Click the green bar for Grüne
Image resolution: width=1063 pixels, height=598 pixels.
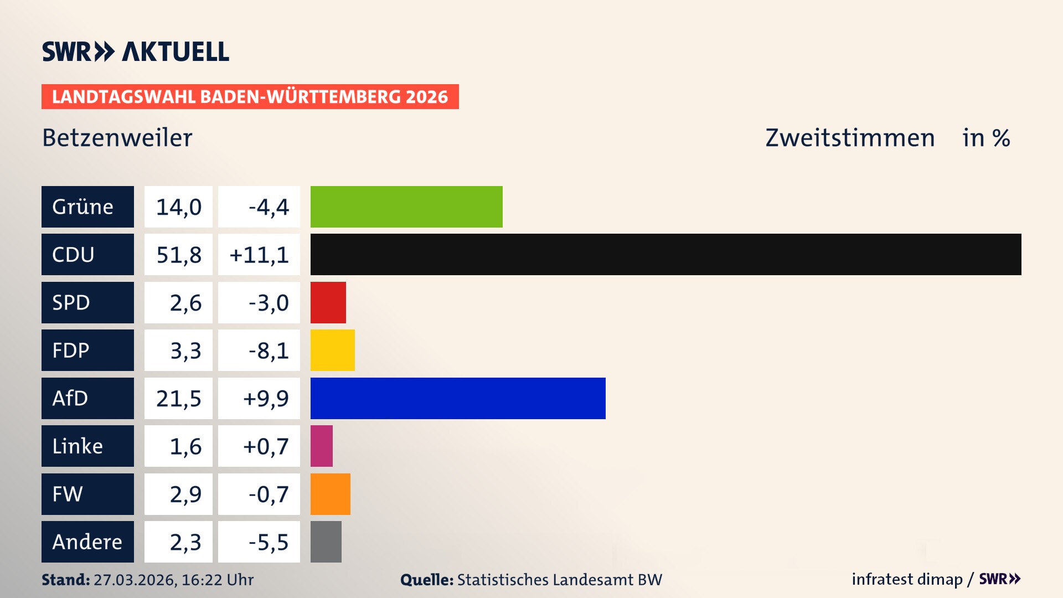tap(406, 207)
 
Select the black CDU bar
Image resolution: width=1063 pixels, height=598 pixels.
tap(665, 254)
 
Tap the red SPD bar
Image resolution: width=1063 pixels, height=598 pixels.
tap(328, 302)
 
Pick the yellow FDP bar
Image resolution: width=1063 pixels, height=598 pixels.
tap(332, 350)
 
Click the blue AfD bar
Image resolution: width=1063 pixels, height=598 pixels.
tap(458, 398)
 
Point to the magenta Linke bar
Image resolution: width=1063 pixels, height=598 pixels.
tap(321, 446)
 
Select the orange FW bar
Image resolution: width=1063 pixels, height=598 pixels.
tap(330, 494)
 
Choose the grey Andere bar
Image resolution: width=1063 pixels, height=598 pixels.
tap(326, 542)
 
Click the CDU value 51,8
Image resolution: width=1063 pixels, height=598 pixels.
tap(178, 255)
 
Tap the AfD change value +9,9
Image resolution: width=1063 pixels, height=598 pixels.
tap(265, 398)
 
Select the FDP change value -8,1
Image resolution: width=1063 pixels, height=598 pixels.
tap(268, 350)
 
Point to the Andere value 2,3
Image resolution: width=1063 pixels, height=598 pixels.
tap(185, 542)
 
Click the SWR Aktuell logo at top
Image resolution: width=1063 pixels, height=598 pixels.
tap(136, 51)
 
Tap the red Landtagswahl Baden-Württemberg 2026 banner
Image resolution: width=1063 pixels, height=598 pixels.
tap(250, 96)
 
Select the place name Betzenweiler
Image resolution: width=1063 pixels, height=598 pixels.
tap(117, 138)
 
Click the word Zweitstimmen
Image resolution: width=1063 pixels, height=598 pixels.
tap(850, 138)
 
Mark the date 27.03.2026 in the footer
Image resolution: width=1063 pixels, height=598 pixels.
tap(135, 580)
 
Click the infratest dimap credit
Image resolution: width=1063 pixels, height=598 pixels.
tap(907, 579)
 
